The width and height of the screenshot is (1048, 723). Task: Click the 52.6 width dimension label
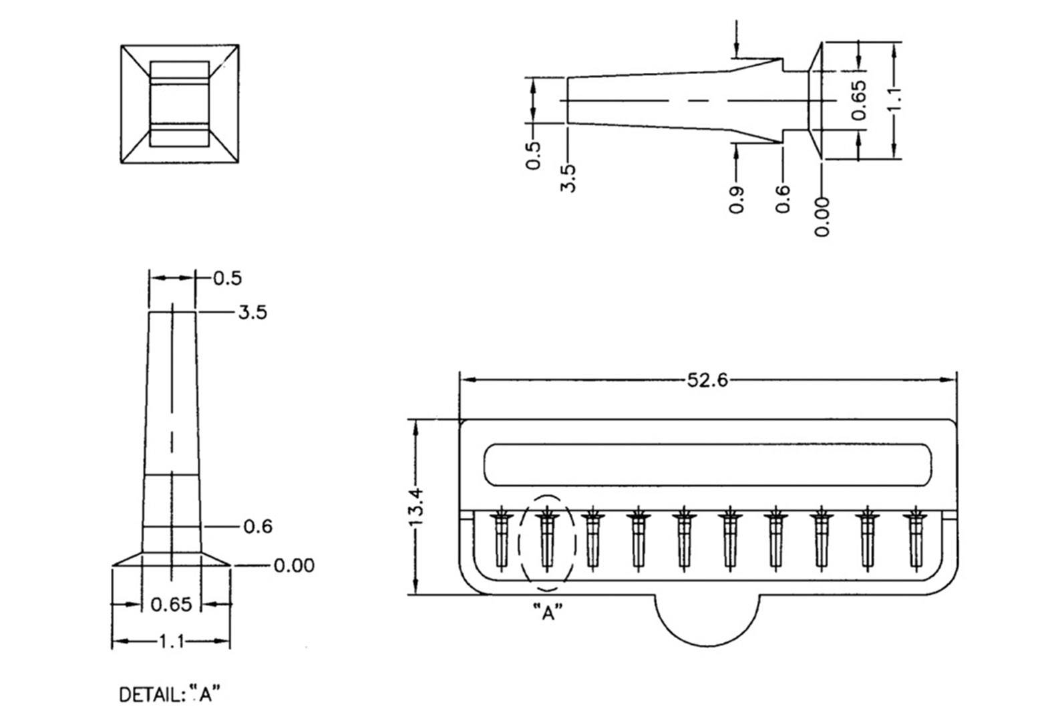[707, 381]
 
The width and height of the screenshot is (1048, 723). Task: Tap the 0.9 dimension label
[737, 199]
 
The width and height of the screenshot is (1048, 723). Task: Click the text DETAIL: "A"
[169, 695]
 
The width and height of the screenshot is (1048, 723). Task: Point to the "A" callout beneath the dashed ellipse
[548, 612]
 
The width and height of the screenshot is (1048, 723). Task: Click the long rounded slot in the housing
[707, 464]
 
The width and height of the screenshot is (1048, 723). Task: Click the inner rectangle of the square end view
[179, 104]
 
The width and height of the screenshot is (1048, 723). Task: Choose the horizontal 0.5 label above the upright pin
[227, 278]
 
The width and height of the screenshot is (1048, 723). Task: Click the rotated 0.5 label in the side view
[533, 155]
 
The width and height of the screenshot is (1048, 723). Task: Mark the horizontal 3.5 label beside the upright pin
[252, 313]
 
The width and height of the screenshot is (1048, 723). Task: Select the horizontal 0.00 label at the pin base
[294, 566]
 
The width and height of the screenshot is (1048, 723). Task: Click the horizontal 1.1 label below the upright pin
[171, 642]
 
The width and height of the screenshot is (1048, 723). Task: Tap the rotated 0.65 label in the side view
[859, 100]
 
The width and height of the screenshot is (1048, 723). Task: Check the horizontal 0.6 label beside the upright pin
[258, 527]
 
